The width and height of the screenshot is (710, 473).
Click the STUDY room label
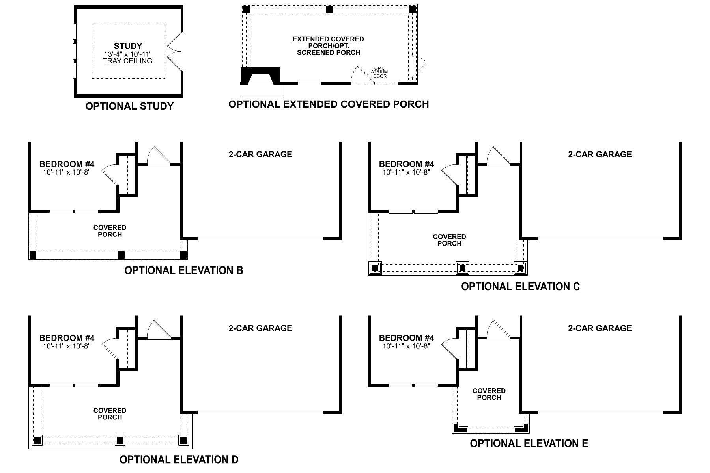tap(128, 46)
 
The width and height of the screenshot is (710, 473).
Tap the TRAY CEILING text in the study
tap(127, 61)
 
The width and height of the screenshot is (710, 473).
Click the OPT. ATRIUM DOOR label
tap(379, 72)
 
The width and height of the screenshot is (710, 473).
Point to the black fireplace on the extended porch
tap(261, 76)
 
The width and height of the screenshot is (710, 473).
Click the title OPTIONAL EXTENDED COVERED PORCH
tap(329, 104)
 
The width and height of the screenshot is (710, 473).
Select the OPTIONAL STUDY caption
tap(129, 106)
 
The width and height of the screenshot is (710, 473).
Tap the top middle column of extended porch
tap(329, 9)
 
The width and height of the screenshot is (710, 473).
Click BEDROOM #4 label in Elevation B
tap(67, 164)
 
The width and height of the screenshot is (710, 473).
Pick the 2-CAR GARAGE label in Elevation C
tap(600, 155)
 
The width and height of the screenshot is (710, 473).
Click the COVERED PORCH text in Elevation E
tap(489, 394)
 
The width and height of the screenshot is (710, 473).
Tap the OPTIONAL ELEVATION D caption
tap(179, 460)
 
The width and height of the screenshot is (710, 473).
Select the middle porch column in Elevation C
tap(463, 268)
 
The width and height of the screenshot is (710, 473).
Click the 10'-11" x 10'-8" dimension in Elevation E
tap(406, 346)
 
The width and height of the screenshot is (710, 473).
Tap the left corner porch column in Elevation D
tap(37, 440)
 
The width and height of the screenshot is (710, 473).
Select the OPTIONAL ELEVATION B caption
tap(184, 270)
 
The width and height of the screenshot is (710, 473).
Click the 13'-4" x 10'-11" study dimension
tap(127, 54)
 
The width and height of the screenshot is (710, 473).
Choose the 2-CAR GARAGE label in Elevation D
tap(260, 328)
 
